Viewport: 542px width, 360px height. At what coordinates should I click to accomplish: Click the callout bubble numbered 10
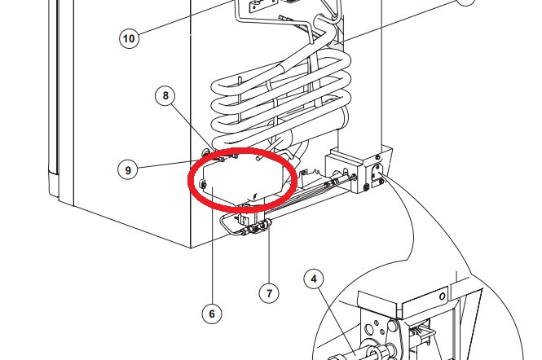129,38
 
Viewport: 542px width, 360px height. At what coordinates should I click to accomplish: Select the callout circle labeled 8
165,95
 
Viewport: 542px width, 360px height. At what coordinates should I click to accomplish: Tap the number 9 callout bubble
128,170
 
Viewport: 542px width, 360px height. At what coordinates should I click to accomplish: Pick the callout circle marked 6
212,314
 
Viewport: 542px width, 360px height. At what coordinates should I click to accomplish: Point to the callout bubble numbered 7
269,293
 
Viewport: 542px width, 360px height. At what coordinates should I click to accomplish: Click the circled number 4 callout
315,279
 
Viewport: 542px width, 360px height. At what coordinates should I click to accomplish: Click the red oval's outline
189,180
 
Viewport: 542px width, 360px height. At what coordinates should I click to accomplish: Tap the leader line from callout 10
185,17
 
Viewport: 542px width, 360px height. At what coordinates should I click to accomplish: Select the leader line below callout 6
212,245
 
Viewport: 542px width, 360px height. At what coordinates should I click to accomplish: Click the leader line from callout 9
173,165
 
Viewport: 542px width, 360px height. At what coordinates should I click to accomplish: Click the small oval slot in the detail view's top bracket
442,296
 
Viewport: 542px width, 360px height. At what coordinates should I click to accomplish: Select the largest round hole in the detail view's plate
369,329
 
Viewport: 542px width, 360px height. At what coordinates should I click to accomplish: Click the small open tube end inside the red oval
258,158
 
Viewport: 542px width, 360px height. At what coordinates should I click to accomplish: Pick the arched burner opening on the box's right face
377,171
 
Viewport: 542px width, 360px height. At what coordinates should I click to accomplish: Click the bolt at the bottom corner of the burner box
367,187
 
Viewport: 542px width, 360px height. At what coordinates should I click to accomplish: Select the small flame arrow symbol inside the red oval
255,196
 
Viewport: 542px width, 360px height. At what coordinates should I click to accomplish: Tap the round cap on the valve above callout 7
267,225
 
